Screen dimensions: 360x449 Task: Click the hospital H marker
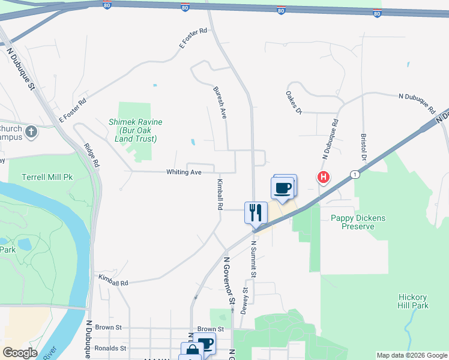324,178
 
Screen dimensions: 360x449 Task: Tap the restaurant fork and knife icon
256,212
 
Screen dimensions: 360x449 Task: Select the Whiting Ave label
184,172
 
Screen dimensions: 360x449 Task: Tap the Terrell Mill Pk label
47,178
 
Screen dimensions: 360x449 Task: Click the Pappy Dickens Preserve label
358,222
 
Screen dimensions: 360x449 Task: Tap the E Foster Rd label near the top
193,38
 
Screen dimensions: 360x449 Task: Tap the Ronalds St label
110,348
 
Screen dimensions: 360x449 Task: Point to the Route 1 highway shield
356,174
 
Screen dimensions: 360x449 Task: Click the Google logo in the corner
20,352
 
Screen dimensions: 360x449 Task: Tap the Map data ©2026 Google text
412,356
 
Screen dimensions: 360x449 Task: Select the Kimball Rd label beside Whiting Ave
220,194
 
